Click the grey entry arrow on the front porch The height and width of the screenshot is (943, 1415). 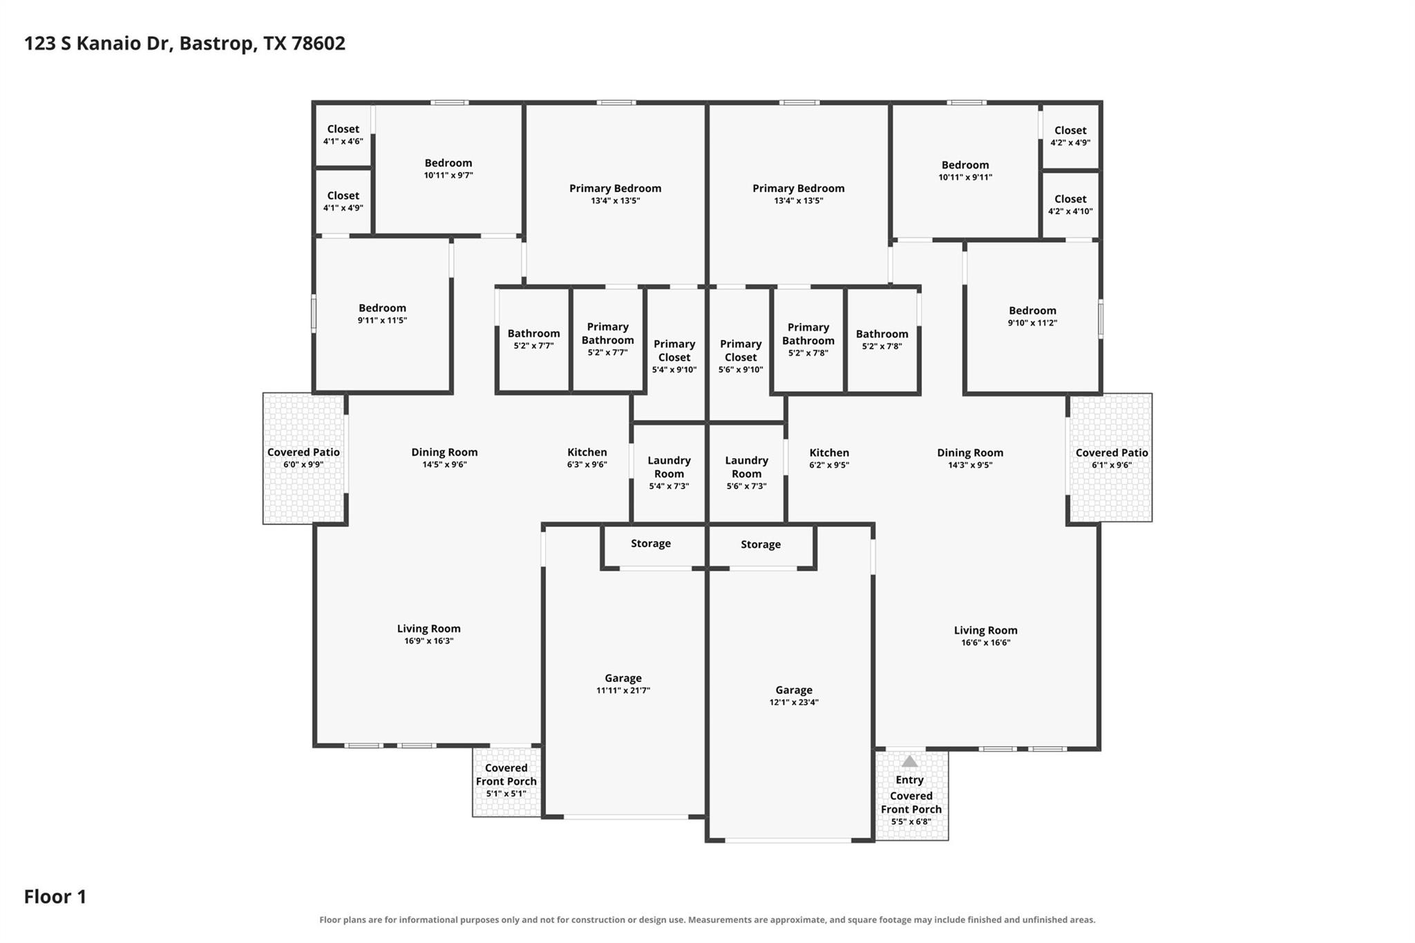(910, 761)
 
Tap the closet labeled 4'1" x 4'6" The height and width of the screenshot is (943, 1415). (343, 135)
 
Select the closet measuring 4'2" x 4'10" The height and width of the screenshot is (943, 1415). (1070, 204)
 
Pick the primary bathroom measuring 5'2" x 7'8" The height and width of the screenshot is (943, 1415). (808, 340)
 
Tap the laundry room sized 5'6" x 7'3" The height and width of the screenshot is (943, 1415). (746, 473)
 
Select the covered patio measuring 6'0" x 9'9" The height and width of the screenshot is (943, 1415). (303, 458)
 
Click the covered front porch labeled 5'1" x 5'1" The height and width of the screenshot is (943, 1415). (506, 781)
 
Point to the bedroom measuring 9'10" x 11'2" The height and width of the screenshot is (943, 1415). (1032, 317)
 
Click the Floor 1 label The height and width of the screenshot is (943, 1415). (55, 897)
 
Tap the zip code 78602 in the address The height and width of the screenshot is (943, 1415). (319, 44)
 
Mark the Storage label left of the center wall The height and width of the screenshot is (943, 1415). (651, 544)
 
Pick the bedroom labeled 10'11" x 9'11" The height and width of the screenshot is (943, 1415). (965, 171)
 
